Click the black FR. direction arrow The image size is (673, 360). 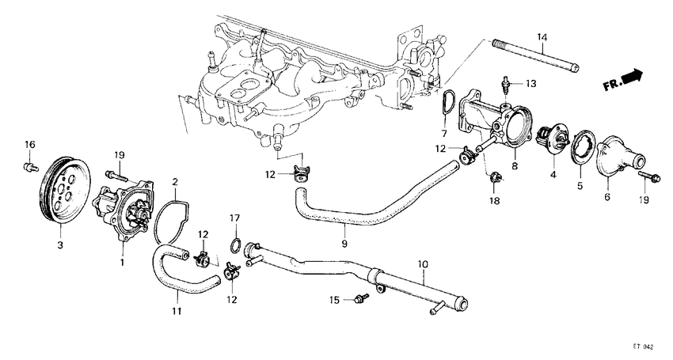[630, 77]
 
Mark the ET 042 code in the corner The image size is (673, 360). [643, 347]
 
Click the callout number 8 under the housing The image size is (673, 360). [515, 167]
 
